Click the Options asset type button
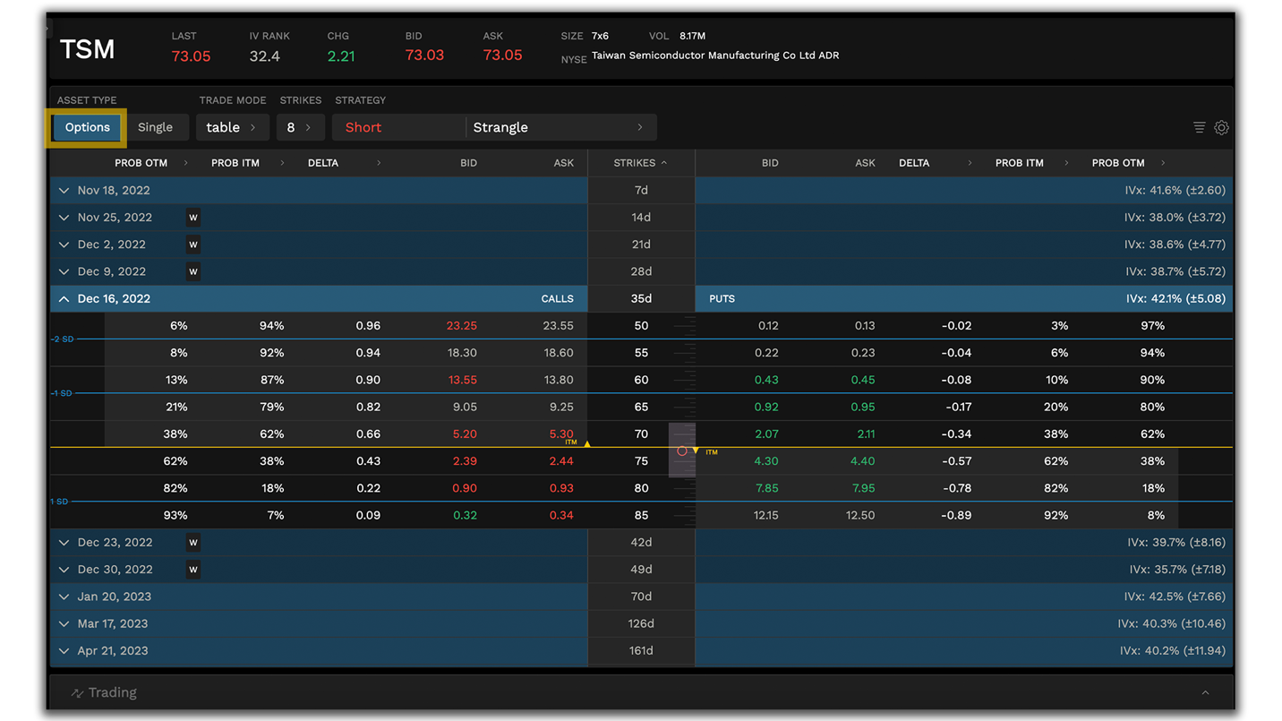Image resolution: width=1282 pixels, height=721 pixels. click(87, 127)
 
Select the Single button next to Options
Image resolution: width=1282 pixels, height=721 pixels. click(155, 127)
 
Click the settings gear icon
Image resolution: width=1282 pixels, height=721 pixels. click(1221, 128)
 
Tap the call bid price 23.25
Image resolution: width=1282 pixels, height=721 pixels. click(461, 326)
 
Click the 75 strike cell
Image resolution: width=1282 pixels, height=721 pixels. click(641, 461)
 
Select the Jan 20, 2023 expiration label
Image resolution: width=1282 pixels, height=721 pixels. click(114, 597)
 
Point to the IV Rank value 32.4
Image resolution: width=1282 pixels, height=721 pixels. click(264, 56)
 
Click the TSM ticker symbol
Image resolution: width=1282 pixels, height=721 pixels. click(87, 49)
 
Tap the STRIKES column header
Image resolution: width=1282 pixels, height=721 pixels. click(635, 163)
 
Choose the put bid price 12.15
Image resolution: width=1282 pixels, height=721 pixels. click(765, 516)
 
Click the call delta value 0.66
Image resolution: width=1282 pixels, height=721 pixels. click(368, 434)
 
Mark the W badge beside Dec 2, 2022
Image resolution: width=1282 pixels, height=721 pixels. click(193, 245)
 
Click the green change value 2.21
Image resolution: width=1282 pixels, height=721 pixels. click(341, 56)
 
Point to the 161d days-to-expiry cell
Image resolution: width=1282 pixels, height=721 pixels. click(641, 651)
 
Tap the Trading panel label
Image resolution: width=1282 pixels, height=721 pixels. click(113, 692)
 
